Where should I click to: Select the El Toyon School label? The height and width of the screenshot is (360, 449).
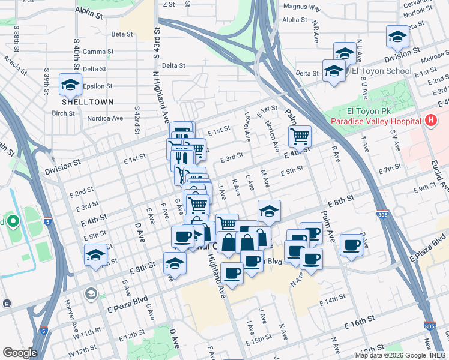pos(381,71)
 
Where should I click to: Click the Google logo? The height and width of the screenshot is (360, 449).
pos(20,353)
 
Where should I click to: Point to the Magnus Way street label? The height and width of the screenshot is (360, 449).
pos(302,8)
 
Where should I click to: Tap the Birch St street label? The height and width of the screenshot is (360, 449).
pos(63,113)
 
